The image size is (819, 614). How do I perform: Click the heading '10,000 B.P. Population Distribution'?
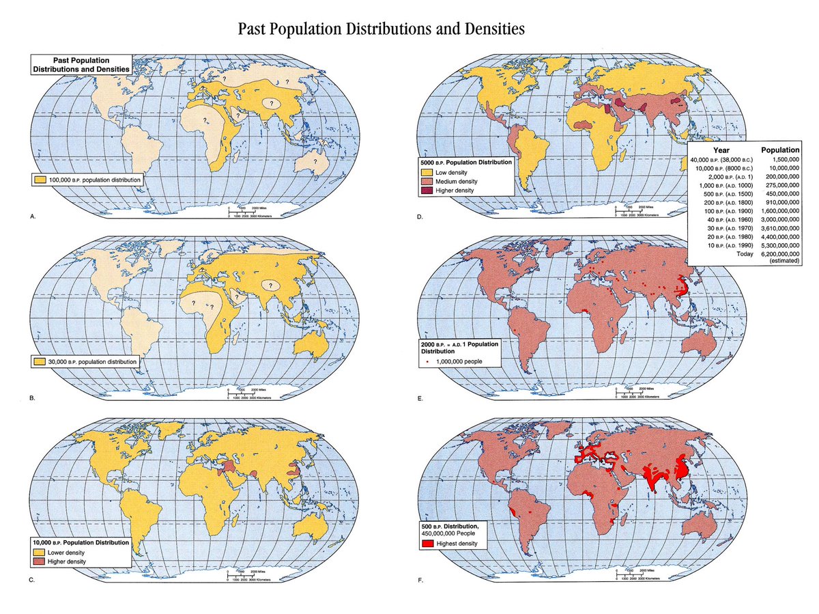pos(81,542)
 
